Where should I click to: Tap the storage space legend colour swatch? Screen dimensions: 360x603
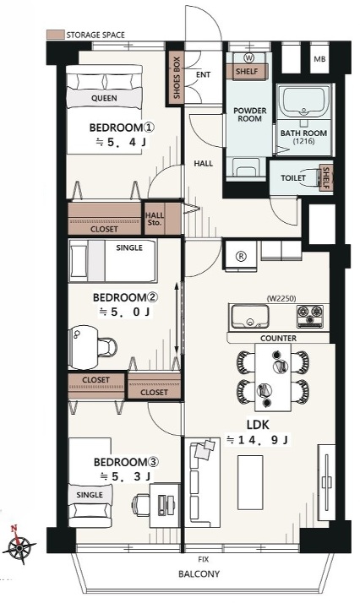56,35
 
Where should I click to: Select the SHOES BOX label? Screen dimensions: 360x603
177,78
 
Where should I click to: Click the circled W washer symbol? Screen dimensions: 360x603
249,58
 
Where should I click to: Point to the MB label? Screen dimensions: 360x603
319,59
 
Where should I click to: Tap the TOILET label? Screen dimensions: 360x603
293,178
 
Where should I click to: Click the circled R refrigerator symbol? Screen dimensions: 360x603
241,257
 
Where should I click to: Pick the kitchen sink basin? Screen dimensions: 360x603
249,317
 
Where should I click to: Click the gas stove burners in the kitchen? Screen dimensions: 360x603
310,316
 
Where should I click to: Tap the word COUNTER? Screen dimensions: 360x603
279,339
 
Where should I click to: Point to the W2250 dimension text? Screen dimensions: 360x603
281,298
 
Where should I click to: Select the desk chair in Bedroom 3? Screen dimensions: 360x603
140,504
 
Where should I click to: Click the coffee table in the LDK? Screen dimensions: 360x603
250,479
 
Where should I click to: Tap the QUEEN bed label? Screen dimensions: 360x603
104,98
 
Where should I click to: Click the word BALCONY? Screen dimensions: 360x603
199,574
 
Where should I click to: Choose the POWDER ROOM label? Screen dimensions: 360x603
249,115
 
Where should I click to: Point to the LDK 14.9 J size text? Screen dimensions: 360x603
258,440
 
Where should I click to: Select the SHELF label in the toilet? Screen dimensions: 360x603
326,178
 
